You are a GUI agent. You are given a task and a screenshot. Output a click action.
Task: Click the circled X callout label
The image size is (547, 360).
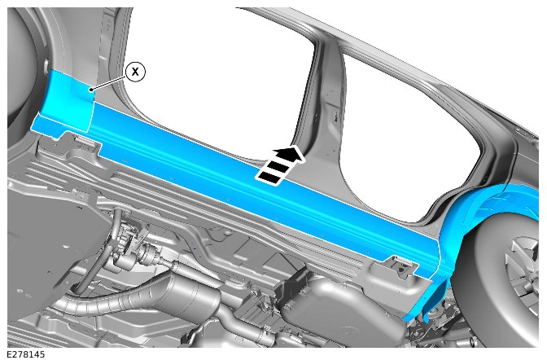(135, 72)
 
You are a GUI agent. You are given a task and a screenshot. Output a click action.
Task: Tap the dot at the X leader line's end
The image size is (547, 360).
(91, 90)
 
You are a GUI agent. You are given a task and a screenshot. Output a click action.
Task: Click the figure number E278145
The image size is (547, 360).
(26, 354)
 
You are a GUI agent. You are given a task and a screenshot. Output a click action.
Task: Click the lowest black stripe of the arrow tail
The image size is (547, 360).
(269, 177)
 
